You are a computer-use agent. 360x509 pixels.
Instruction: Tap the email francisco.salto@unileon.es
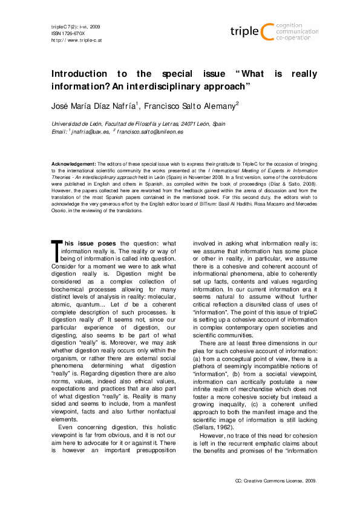coord(151,131)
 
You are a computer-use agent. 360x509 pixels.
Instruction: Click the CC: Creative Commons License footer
coord(275,481)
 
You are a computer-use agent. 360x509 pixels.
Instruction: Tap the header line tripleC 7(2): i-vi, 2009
coord(70,27)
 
